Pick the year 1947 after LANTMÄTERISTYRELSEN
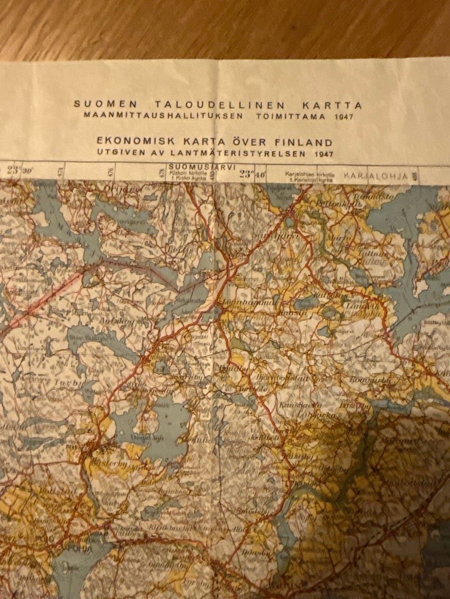(x=325, y=153)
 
